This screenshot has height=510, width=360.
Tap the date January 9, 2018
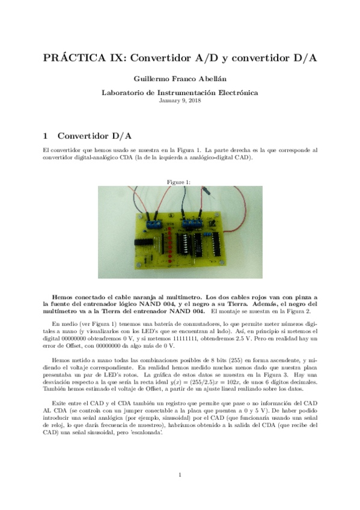click(180, 100)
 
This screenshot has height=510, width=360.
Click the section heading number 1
click(46, 136)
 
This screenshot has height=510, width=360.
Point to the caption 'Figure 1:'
click(180, 182)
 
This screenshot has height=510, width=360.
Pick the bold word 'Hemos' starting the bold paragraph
click(63, 297)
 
